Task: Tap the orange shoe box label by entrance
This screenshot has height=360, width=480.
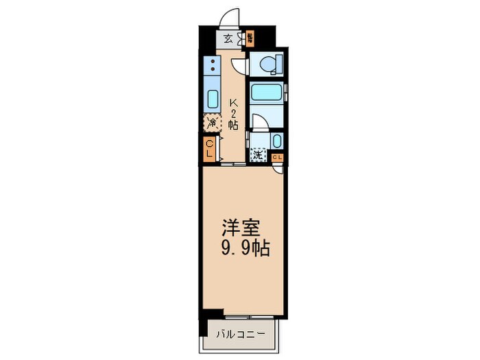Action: point(251,38)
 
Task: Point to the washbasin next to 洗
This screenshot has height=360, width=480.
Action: point(276,141)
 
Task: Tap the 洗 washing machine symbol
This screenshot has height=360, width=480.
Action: point(258,155)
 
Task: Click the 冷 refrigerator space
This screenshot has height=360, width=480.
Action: point(212,123)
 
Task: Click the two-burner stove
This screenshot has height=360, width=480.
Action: point(213,67)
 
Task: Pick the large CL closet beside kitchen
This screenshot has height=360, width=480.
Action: point(210,149)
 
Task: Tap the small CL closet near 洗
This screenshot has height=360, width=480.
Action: point(278,158)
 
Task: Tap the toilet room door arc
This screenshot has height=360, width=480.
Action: point(239,66)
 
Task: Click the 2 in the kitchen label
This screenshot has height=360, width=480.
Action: point(233,114)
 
